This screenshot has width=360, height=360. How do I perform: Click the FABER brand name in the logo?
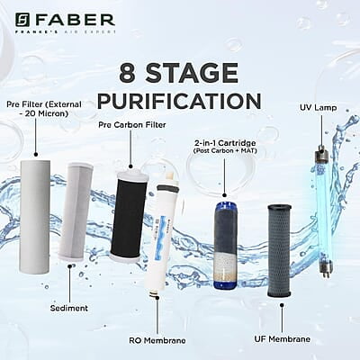(x=76, y=19)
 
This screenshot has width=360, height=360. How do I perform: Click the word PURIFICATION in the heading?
(x=179, y=97)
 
